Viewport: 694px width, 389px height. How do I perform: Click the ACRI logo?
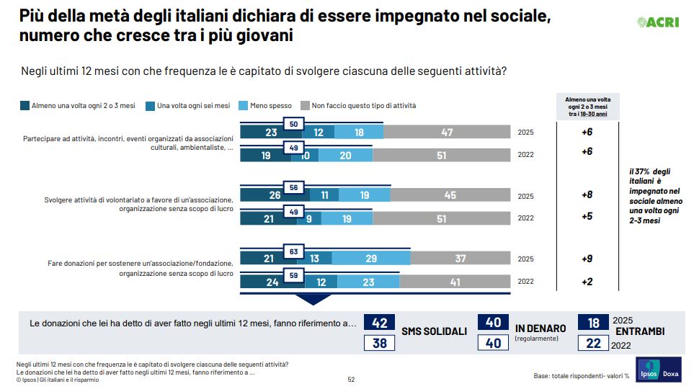(x=659, y=22)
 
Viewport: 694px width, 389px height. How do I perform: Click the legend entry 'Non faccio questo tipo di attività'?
(x=358, y=106)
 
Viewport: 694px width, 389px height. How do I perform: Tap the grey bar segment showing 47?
(x=447, y=133)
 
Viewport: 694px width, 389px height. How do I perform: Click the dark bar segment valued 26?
(x=275, y=195)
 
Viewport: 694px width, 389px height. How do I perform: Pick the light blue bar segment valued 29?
(x=370, y=259)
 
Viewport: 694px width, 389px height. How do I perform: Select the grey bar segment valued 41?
(x=455, y=282)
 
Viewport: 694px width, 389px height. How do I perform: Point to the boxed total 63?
(x=294, y=251)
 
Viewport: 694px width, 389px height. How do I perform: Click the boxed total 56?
(x=294, y=188)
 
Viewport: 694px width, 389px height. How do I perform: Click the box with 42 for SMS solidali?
(x=380, y=323)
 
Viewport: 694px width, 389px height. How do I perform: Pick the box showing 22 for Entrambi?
(x=593, y=344)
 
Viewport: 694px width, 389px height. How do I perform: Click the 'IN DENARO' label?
(x=540, y=328)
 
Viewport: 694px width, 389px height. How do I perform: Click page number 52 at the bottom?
(x=351, y=379)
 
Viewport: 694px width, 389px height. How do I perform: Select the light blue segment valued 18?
(x=359, y=133)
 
